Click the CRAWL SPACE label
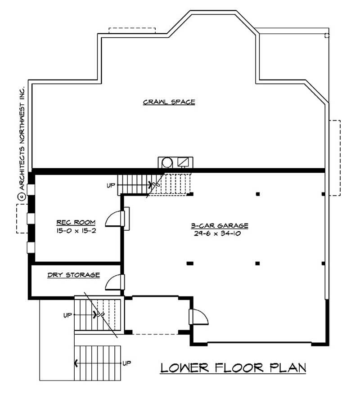point(169,102)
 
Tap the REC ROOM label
point(76,222)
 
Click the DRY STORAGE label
point(73,275)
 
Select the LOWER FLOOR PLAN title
point(233,367)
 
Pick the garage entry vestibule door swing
point(200,317)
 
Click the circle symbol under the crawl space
point(167,162)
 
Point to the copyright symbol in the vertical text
point(20,196)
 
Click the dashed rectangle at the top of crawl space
point(132,30)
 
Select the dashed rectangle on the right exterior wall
point(335,158)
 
